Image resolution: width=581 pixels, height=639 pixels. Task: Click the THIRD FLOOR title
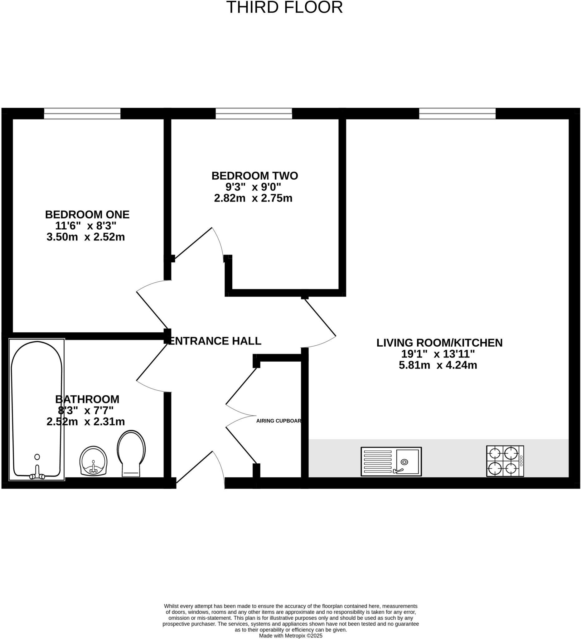point(284,7)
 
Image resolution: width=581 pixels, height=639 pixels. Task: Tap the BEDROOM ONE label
point(87,215)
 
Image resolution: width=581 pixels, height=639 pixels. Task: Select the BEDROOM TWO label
point(255,176)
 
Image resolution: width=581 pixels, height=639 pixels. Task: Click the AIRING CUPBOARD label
point(278,421)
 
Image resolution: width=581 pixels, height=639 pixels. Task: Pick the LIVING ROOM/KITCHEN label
point(439,343)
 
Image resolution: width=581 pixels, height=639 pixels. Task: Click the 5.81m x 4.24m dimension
point(438,365)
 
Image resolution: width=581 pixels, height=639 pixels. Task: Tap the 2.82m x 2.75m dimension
point(253,198)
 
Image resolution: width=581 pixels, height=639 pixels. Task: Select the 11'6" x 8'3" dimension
point(85,226)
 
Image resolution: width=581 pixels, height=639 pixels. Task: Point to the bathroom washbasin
point(94,461)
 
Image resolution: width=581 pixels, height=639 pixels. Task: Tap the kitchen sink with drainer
point(391,461)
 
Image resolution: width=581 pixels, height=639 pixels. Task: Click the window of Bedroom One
point(82,114)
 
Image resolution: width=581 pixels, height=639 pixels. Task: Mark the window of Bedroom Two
point(254,114)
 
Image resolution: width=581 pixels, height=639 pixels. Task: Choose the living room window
point(457,114)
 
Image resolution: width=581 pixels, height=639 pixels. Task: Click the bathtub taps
point(37,473)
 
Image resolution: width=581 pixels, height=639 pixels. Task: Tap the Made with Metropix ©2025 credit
point(291,636)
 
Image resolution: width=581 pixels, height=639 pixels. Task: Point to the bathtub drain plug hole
point(37,457)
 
